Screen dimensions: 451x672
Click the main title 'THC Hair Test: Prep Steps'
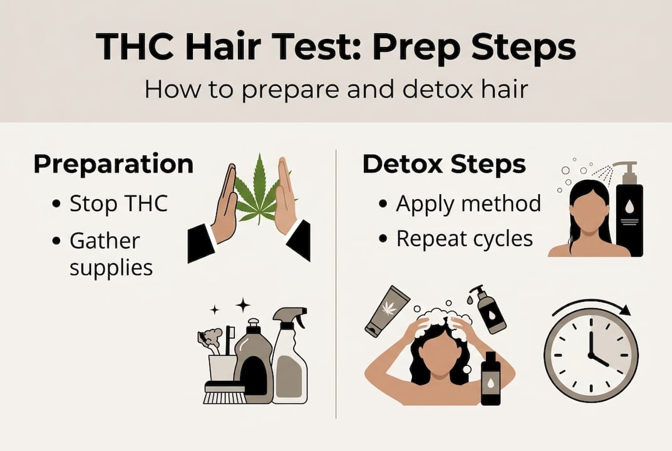[336, 46]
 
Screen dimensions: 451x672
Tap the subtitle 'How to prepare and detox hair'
[336, 88]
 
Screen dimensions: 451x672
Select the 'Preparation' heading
[113, 164]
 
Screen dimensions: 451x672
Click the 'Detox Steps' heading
[444, 164]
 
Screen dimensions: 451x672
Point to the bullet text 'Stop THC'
[118, 204]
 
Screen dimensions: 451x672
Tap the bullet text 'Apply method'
[468, 204]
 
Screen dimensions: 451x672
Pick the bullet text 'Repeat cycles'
[464, 239]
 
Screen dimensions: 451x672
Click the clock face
[591, 354]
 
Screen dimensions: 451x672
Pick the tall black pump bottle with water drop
[629, 213]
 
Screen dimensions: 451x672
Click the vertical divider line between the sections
[336, 282]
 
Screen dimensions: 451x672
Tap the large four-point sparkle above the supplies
[242, 305]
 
